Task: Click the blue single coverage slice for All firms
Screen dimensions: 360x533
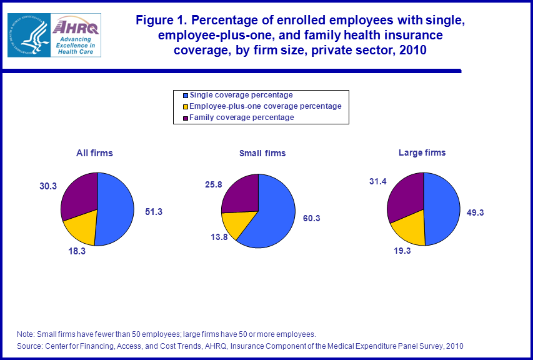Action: pyautogui.click(x=116, y=209)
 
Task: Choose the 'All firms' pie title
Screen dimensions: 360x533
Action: pyautogui.click(x=94, y=152)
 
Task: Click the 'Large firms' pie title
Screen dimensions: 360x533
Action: pyautogui.click(x=422, y=152)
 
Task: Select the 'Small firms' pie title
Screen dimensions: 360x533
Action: pyautogui.click(x=262, y=153)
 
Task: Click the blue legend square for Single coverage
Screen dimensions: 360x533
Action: pyautogui.click(x=185, y=95)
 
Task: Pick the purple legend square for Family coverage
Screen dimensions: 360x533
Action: pyautogui.click(x=185, y=117)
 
